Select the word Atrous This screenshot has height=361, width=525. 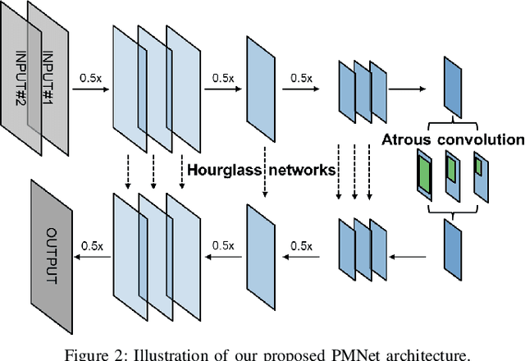tap(410, 139)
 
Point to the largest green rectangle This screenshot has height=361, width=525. tap(424, 174)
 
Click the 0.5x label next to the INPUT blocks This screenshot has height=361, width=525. tap(90, 78)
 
